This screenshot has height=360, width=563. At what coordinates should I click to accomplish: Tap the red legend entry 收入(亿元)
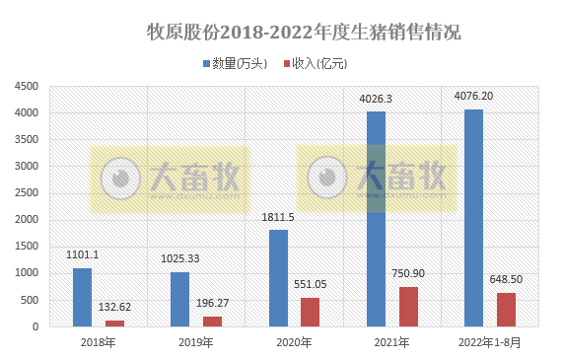coord(319,63)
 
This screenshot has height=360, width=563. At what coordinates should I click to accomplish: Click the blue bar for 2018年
coord(82,297)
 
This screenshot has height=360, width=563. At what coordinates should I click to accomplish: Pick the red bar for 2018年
coord(114,323)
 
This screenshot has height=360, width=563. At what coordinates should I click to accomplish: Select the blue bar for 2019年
coord(179,299)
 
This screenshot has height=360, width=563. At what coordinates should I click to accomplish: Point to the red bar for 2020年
coord(311,312)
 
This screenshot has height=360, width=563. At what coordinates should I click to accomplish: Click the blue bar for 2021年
coord(376,219)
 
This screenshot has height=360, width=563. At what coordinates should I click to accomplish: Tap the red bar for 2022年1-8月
coord(506,310)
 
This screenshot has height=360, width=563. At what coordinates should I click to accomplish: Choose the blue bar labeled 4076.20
coord(473,218)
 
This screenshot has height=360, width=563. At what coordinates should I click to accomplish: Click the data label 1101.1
coord(82,254)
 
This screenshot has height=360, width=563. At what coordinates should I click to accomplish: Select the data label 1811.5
coord(278,217)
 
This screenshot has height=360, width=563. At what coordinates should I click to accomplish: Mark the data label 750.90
coord(408,274)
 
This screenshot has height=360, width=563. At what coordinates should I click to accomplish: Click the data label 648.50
coord(506,280)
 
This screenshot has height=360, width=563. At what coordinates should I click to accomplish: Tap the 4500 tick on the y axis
coord(26,87)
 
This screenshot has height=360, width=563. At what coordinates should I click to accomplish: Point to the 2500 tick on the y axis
coord(26,193)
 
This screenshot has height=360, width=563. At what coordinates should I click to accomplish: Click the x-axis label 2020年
coord(294,343)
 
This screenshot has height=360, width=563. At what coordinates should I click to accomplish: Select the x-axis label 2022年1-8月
coord(490,343)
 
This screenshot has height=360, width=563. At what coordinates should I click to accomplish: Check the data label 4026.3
coord(376,99)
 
